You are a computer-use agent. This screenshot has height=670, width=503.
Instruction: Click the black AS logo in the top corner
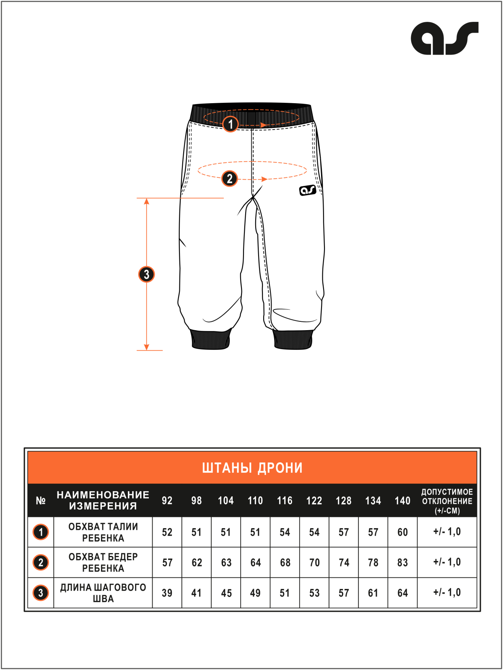(x=444, y=38)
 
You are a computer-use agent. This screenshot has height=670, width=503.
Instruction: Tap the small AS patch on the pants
(x=307, y=190)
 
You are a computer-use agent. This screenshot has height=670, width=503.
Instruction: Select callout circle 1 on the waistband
(x=230, y=124)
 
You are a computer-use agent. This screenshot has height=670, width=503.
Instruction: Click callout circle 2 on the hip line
(x=230, y=179)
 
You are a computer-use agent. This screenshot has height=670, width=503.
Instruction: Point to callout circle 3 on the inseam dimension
(x=146, y=274)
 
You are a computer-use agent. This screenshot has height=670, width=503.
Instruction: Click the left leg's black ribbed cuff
(x=210, y=339)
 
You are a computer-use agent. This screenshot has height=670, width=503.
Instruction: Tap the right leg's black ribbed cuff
(x=293, y=339)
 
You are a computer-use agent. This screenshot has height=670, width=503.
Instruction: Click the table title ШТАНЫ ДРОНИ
(x=252, y=468)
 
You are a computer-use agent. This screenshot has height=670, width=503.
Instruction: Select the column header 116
(x=285, y=501)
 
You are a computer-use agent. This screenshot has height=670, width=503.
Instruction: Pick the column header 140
(x=402, y=501)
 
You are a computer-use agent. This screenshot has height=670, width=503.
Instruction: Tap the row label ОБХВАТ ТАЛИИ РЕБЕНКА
(x=103, y=532)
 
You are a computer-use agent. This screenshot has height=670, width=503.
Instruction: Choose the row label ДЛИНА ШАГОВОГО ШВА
(x=103, y=593)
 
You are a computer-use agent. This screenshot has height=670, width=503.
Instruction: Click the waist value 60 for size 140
(x=402, y=532)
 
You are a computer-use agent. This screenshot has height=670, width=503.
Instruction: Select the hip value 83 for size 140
(x=402, y=562)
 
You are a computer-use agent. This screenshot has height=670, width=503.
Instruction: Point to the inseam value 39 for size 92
(x=167, y=593)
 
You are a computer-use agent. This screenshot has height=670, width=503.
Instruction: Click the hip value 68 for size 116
(x=285, y=562)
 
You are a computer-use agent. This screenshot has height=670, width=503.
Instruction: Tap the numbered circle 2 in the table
(x=41, y=562)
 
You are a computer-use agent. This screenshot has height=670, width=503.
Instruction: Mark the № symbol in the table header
(x=41, y=501)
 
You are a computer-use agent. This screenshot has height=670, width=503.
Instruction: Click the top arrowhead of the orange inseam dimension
(x=146, y=201)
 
